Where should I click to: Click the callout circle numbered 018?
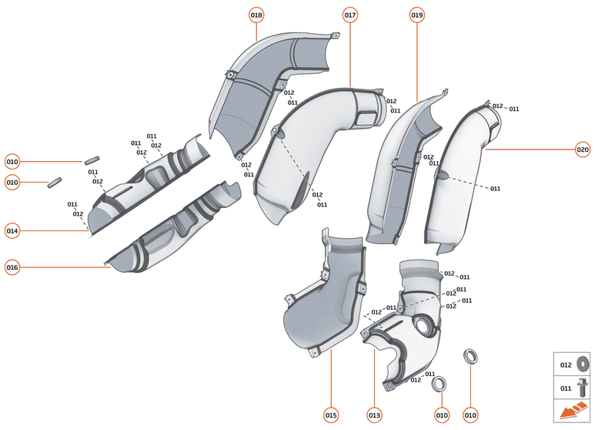256,15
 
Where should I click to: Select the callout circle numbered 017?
350,15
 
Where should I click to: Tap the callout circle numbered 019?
417,15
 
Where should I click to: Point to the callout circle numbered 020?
583,149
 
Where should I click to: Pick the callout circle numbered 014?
12,230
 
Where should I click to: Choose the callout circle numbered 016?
12,267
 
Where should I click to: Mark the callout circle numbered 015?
331,415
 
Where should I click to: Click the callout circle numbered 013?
374,415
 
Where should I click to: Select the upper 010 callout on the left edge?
12,162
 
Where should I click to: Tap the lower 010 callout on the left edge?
12,183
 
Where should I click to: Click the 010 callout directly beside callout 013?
442,415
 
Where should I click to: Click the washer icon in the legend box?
582,364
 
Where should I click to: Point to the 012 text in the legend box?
566,364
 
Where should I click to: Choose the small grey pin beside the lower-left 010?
55,183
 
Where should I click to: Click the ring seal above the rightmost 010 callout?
470,355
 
